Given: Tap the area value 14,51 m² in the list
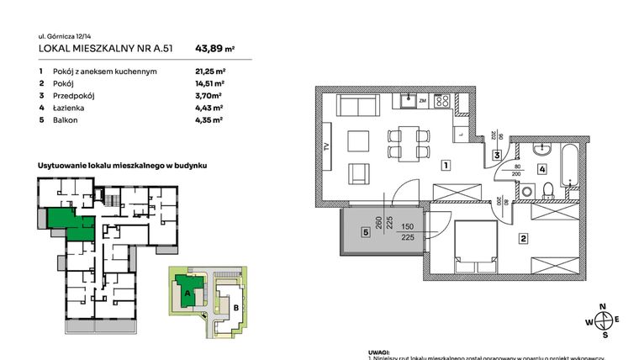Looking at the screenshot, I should [x=209, y=84].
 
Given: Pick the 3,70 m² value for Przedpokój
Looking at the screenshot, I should [x=208, y=96].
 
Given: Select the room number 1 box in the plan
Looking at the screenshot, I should [x=444, y=165].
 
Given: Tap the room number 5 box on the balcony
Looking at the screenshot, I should [x=366, y=232].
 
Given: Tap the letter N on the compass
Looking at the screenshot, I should [x=602, y=308].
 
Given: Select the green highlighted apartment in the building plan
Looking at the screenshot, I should [x=69, y=223].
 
